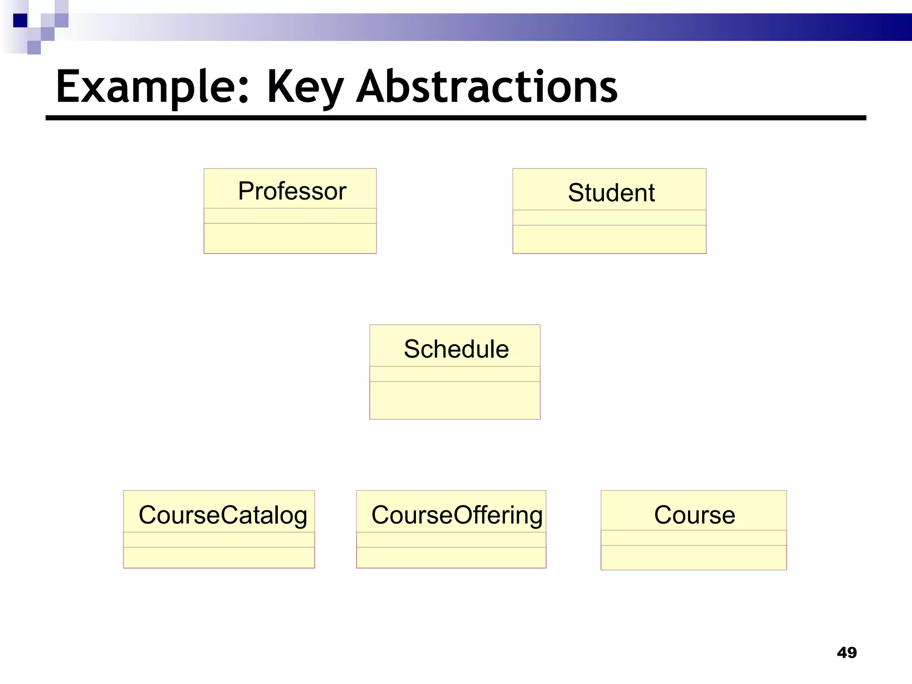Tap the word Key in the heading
[305, 88]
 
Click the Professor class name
[292, 191]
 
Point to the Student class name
[611, 193]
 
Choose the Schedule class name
[456, 349]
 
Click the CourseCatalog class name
[223, 515]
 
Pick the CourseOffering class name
[457, 515]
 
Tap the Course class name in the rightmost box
[694, 515]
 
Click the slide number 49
[847, 653]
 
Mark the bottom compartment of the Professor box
[290, 238]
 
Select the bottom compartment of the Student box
[609, 239]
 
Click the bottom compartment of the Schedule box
[455, 400]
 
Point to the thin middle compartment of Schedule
[455, 374]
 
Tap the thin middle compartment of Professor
[290, 216]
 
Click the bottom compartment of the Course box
[693, 557]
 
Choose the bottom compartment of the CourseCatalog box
[219, 558]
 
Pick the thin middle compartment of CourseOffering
[451, 540]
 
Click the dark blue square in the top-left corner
[20, 20]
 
